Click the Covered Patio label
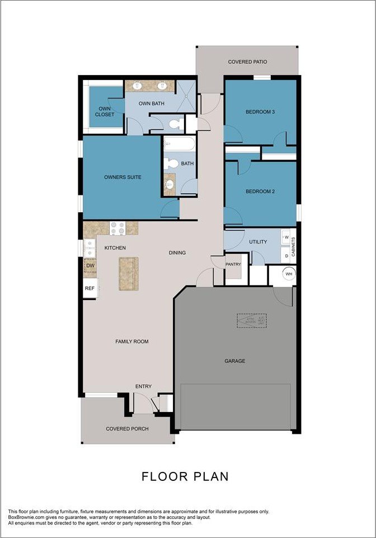pos(247,62)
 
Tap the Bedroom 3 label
pos(260,112)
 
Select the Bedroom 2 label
pos(260,191)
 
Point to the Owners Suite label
pos(123,177)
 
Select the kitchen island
pos(128,273)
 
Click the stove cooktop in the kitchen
pos(117,227)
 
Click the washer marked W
pos(286,237)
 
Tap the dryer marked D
pos(286,255)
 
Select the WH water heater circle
pos(289,274)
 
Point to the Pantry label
pos(233,264)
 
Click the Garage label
pos(235,361)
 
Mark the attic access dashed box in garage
pos(251,321)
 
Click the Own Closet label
pos(104,111)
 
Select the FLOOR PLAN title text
pos(185,476)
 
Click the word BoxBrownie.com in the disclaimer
pos(27,517)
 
